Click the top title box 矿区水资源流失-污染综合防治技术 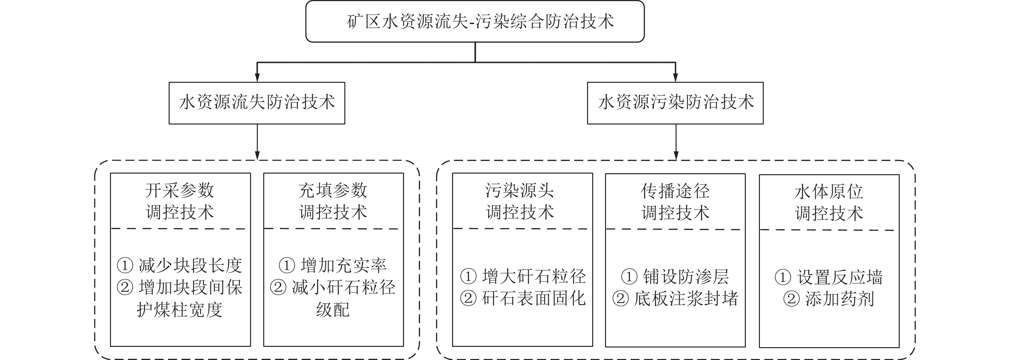point(475,21)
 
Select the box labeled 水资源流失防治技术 point(257,103)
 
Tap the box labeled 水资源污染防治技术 point(675,103)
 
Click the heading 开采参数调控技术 point(180,201)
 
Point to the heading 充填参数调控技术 point(333,201)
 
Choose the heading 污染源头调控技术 point(520,201)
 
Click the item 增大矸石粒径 point(534,277)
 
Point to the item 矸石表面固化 point(534,298)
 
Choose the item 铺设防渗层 point(686,277)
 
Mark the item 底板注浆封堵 point(686,299)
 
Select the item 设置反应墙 point(839,278)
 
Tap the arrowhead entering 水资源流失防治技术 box point(257,78)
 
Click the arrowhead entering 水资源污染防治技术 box point(675,78)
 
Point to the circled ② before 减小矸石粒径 point(278,288)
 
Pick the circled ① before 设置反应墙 point(783,278)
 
